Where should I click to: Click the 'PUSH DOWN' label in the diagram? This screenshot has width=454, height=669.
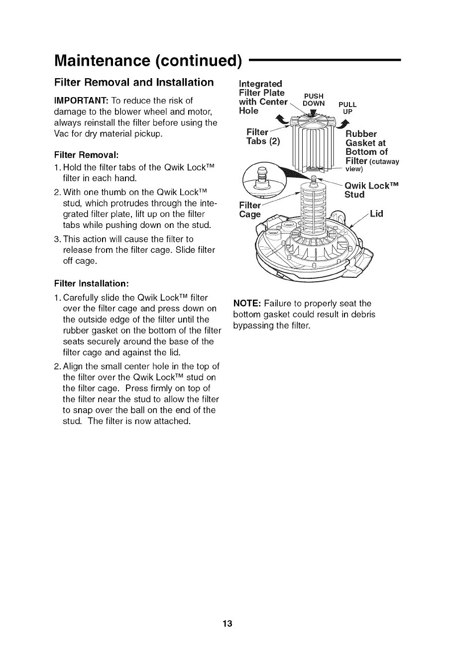[314, 100]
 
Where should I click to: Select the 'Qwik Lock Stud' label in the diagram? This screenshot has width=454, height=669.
[372, 190]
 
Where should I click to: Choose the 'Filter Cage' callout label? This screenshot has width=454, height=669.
[250, 210]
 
